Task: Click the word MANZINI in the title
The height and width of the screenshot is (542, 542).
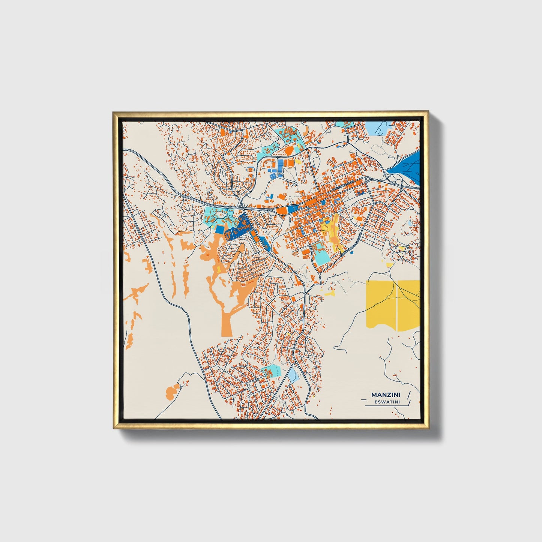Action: (x=385, y=395)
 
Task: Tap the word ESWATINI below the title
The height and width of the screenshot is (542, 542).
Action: (x=387, y=402)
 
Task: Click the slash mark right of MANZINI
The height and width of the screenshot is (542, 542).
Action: (x=408, y=395)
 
